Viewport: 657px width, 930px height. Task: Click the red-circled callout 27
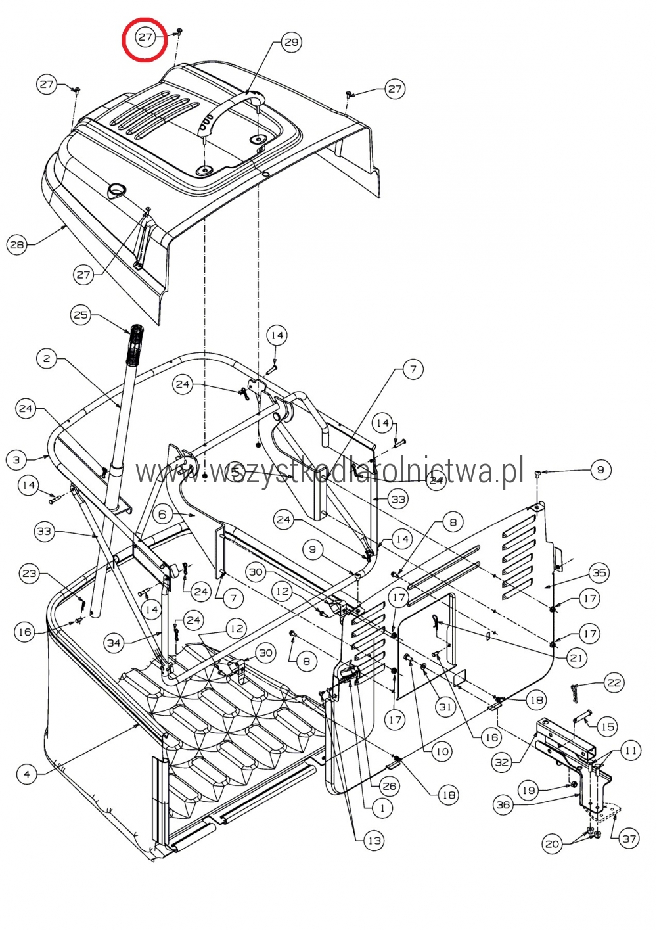(x=145, y=37)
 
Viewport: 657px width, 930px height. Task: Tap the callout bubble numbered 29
(x=291, y=43)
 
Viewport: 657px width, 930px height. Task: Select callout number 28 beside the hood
(x=17, y=244)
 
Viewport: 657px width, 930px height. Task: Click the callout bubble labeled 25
(x=81, y=315)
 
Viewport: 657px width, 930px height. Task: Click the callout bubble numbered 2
(x=47, y=358)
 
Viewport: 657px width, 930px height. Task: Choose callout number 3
(x=16, y=460)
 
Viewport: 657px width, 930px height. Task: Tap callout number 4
(x=27, y=774)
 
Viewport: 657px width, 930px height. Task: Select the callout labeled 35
(x=599, y=573)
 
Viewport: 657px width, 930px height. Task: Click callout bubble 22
(x=614, y=683)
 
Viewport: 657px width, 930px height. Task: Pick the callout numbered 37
(x=629, y=839)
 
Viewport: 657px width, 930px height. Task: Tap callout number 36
(x=503, y=804)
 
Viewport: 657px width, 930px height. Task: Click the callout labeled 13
(x=374, y=841)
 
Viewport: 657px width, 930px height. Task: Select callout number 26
(x=390, y=786)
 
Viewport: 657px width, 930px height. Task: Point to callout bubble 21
(x=576, y=658)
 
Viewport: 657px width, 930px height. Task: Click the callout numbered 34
(x=114, y=643)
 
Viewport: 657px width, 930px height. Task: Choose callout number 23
(x=30, y=573)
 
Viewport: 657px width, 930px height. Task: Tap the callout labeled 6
(x=163, y=515)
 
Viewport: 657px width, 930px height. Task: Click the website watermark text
(x=328, y=471)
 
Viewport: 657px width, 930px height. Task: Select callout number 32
(x=502, y=762)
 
